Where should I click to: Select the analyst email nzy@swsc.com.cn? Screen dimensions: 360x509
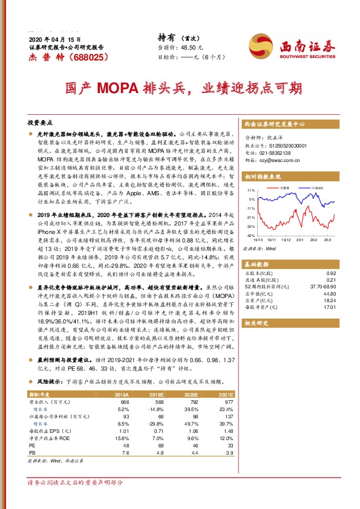277,161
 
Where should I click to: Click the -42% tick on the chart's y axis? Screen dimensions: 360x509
250,235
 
